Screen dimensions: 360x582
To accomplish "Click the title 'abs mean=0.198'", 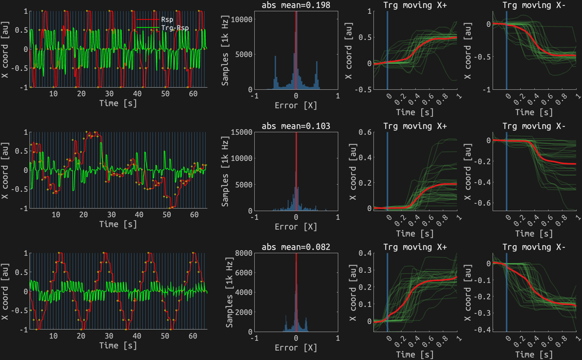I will click(296, 5).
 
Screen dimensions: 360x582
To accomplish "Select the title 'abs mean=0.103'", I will click(296, 126).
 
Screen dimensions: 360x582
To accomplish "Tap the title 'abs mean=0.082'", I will click(296, 247).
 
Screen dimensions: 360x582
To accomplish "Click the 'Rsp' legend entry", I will click(167, 20).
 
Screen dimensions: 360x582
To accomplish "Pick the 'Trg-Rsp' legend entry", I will click(175, 28).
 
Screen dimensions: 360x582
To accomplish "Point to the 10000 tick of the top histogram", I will click(242, 19).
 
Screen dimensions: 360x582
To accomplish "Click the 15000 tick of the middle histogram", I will click(242, 132).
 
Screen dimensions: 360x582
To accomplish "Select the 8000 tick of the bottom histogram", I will click(244, 253).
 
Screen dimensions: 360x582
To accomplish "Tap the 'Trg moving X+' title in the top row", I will click(415, 5).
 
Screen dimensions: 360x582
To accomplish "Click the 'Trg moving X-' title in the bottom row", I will click(534, 247).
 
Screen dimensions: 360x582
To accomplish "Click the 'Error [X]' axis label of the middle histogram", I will click(296, 227).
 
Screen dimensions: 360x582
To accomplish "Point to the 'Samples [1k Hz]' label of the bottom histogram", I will click(229, 293).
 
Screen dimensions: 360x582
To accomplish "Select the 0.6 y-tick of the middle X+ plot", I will click(365, 132).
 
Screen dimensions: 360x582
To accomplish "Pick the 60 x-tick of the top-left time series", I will click(193, 94).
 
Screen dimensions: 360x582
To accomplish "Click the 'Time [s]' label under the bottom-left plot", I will click(118, 345).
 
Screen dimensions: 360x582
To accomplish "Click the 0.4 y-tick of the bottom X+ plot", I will click(365, 253).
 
